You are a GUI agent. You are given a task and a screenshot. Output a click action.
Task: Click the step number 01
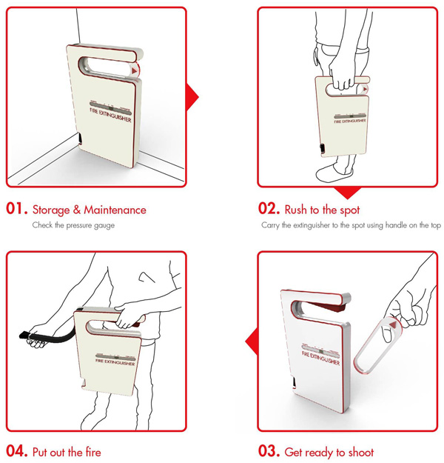17,208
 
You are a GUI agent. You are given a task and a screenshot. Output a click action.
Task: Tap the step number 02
269,208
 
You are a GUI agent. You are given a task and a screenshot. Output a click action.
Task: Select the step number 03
269,451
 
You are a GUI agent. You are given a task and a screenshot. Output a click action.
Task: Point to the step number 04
17,451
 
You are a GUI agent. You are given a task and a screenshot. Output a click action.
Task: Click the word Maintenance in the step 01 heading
115,210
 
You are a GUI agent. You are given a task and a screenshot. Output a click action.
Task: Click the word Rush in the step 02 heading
295,210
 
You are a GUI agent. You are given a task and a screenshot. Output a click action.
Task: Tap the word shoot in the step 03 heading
361,452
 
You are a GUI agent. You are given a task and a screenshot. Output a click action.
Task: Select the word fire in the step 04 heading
93,452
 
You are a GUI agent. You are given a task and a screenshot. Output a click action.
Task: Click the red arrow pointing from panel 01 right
192,97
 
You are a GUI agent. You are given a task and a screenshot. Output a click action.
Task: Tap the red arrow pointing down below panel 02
348,193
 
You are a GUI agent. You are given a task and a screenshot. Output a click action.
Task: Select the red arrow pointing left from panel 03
252,342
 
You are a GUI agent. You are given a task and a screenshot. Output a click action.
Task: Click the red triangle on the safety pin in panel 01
135,71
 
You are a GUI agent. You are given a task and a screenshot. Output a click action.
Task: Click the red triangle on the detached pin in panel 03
392,324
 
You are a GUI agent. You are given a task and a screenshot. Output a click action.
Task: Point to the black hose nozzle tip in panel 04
23,336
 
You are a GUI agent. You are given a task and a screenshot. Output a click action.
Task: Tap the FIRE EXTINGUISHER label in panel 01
110,115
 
